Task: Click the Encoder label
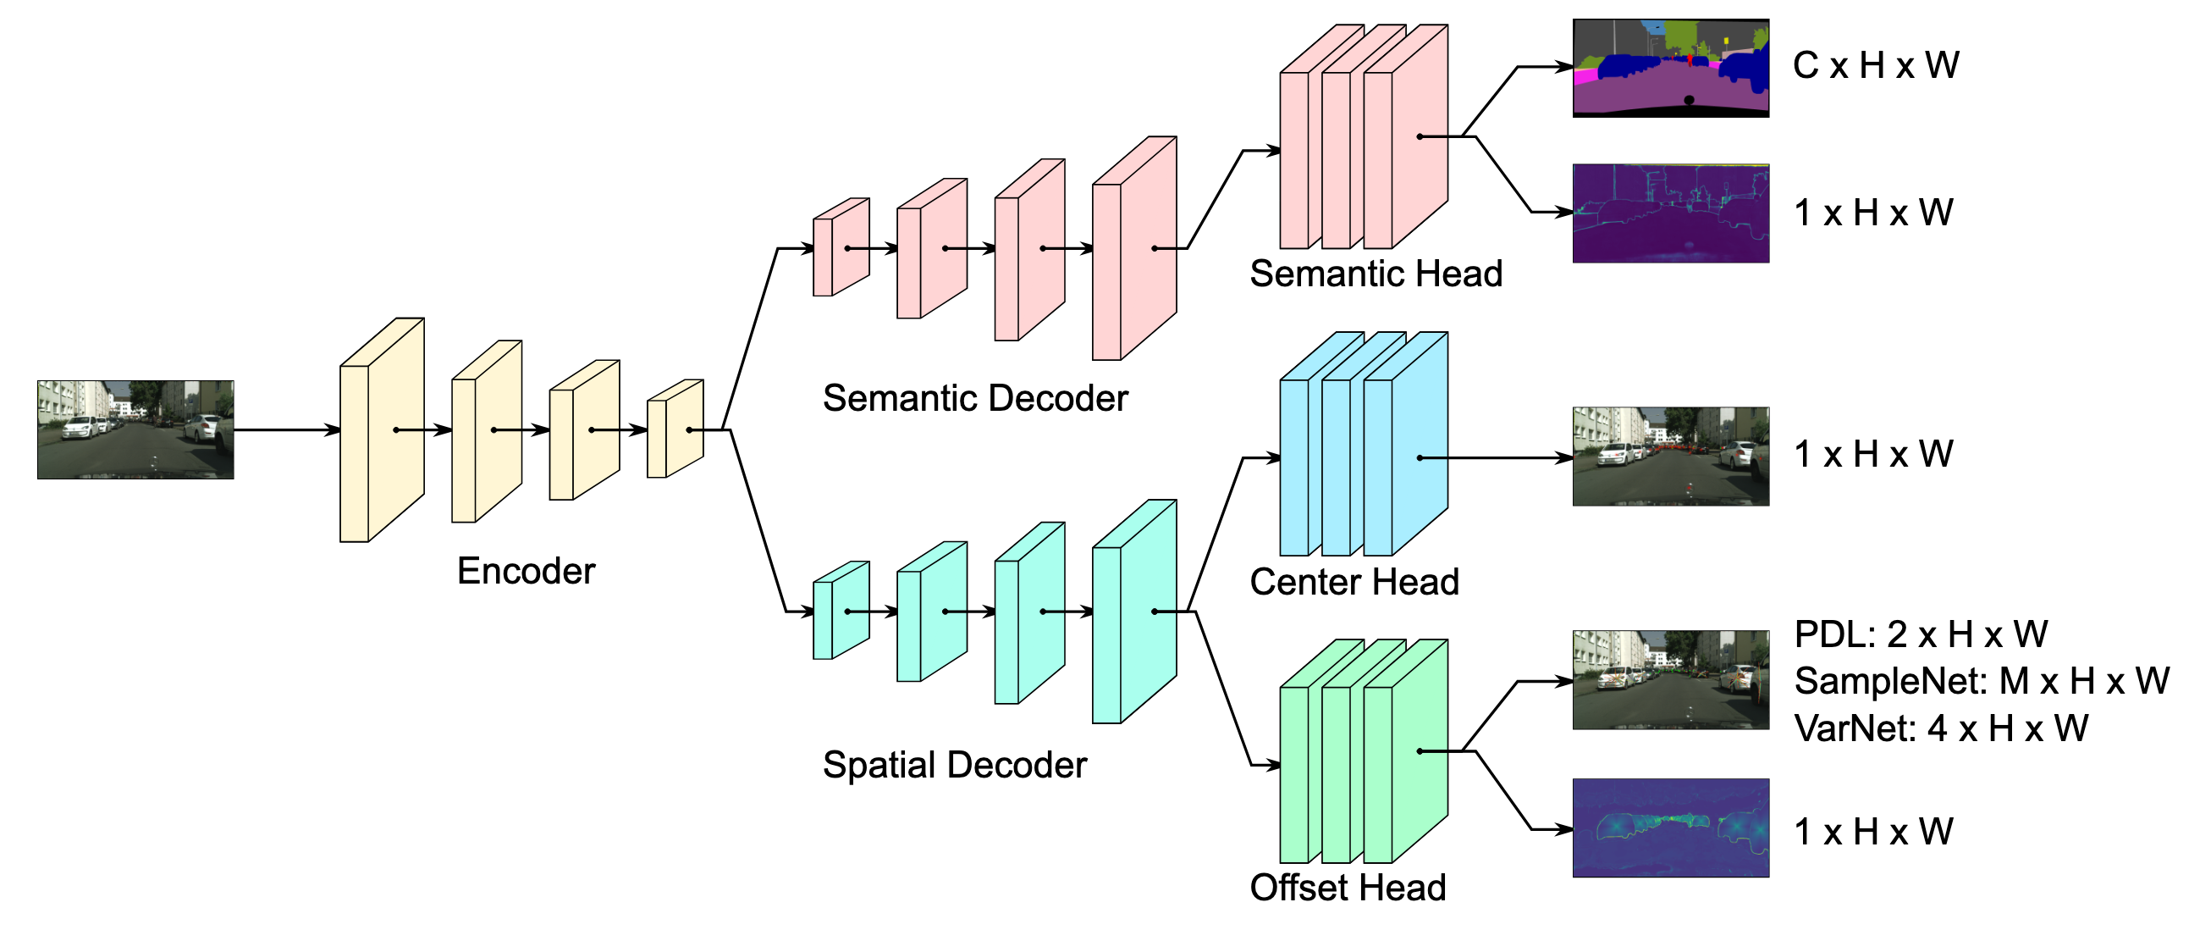[526, 571]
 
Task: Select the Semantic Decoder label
[974, 398]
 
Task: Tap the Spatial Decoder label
[954, 765]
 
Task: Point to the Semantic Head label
[1375, 274]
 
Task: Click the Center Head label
[1354, 582]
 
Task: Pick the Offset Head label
[1348, 888]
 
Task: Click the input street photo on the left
[135, 429]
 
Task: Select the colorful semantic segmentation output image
[1669, 68]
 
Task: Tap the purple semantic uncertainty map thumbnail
[1669, 213]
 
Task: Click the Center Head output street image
[1669, 456]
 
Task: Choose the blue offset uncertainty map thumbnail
[1669, 828]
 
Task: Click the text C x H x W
[1876, 65]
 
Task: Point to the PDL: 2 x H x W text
[1920, 634]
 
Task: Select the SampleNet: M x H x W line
[1981, 681]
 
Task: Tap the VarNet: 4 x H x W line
[1941, 728]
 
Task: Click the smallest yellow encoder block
[675, 429]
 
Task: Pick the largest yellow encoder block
[381, 430]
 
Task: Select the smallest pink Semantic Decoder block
[841, 247]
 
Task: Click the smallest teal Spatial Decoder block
[841, 611]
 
